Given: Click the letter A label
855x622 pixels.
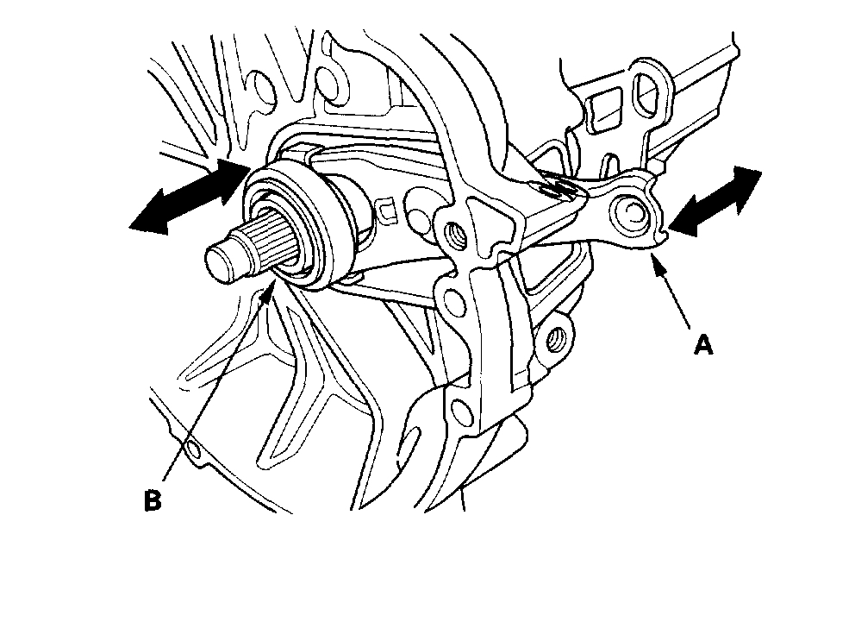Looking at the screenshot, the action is pos(704,345).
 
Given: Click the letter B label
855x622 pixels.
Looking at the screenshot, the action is pos(153,500).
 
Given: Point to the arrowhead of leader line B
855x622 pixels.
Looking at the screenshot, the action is pos(273,281).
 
